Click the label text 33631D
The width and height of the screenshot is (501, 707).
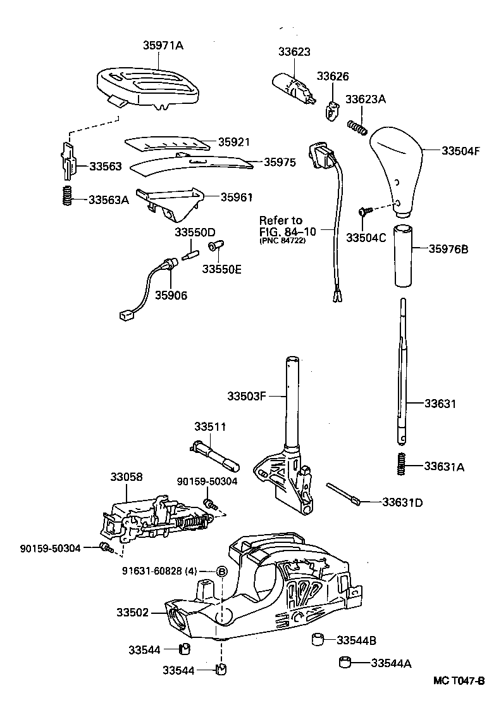coord(402,502)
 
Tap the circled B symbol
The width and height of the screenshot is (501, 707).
coord(222,571)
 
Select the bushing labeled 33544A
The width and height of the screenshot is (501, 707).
coord(345,663)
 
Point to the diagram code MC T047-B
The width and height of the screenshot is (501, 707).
coord(459,682)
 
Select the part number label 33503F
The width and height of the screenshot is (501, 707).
coord(247,397)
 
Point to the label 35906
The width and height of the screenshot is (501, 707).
coord(171,295)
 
